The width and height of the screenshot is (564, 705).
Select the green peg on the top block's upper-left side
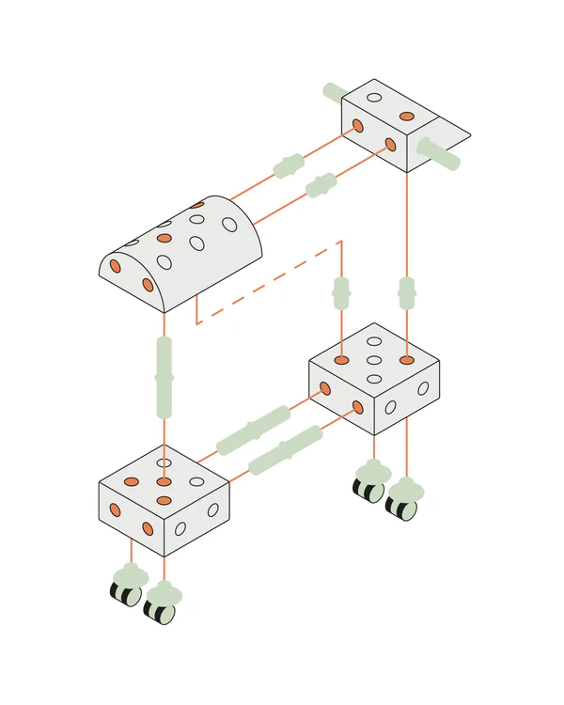tap(335, 92)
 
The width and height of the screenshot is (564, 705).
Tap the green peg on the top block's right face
tap(438, 154)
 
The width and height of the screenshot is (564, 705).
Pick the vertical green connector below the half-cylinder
tap(164, 377)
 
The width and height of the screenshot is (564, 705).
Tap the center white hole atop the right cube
tap(374, 360)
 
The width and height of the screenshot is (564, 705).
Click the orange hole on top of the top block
tap(407, 117)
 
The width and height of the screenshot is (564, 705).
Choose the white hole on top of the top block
tap(374, 97)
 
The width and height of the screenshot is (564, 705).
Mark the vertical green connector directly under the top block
tap(407, 292)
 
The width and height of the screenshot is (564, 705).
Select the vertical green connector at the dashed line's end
tap(341, 292)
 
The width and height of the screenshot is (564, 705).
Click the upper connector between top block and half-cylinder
tap(289, 166)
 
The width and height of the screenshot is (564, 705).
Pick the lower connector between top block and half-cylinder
tap(321, 185)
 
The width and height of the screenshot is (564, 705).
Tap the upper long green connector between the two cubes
tap(253, 431)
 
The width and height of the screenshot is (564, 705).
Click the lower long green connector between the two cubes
tap(286, 450)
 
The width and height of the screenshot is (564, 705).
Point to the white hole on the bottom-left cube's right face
tap(212, 510)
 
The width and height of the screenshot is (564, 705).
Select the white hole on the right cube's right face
tap(423, 387)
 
